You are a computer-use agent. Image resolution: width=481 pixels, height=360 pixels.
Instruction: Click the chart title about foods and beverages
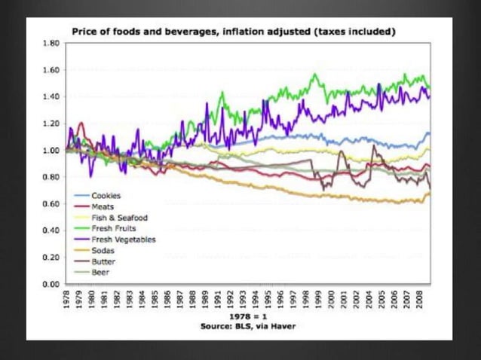[234, 32]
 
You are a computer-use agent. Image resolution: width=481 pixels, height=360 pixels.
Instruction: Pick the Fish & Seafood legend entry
[118, 218]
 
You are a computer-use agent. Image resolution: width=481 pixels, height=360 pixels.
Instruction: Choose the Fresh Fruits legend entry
[113, 228]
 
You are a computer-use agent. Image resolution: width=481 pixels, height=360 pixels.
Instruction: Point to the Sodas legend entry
[102, 250]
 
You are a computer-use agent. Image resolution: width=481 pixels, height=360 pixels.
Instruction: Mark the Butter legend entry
[103, 261]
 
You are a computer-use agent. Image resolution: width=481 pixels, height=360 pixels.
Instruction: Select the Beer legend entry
[100, 272]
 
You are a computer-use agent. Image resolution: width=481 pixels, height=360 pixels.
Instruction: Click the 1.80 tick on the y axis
[51, 44]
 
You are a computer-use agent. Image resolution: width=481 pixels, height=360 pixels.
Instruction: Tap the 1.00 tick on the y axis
[51, 151]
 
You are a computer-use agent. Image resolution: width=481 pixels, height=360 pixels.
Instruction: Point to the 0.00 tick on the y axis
[51, 284]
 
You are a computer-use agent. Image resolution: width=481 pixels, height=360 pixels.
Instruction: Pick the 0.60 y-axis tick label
[51, 204]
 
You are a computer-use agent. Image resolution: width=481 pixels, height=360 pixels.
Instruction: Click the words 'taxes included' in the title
[363, 32]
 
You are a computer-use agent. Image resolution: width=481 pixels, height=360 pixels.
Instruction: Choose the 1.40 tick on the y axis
[51, 97]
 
